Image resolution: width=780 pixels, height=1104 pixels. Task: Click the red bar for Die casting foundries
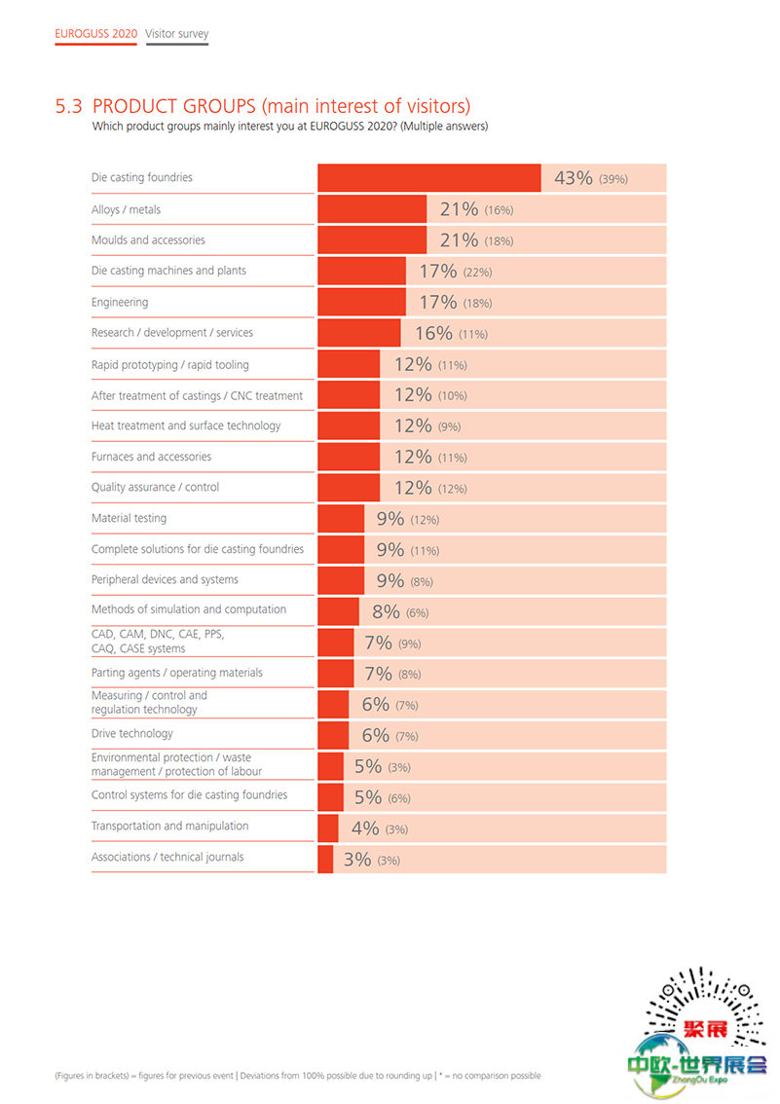[x=428, y=178]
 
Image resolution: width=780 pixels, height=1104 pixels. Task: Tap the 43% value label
[x=573, y=178]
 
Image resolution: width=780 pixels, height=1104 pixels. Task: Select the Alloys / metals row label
[x=127, y=209]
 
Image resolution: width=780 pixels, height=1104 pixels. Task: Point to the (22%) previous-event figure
[x=478, y=273]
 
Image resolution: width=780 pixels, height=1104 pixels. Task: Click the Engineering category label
[x=120, y=302]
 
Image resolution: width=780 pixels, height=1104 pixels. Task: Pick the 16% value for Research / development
[x=433, y=333]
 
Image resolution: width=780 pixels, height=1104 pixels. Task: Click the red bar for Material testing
[x=341, y=519]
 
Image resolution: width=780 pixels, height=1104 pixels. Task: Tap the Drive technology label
[x=132, y=734]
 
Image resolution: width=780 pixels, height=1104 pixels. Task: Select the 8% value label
[x=386, y=612]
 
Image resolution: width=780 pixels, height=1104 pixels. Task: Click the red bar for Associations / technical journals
[x=325, y=859]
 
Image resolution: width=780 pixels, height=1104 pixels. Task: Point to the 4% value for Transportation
[x=365, y=828]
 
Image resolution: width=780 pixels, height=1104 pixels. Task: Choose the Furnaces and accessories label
[x=151, y=457]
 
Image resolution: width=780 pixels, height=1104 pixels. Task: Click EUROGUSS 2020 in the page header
[x=95, y=34]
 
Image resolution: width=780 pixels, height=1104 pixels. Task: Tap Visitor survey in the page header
[x=177, y=34]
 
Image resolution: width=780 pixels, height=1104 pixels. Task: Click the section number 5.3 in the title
[x=69, y=106]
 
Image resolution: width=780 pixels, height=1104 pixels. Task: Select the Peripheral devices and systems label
[x=165, y=579]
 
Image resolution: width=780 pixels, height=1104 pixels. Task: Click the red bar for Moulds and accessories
[x=372, y=239]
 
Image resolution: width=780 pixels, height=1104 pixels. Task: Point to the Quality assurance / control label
[x=155, y=487]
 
